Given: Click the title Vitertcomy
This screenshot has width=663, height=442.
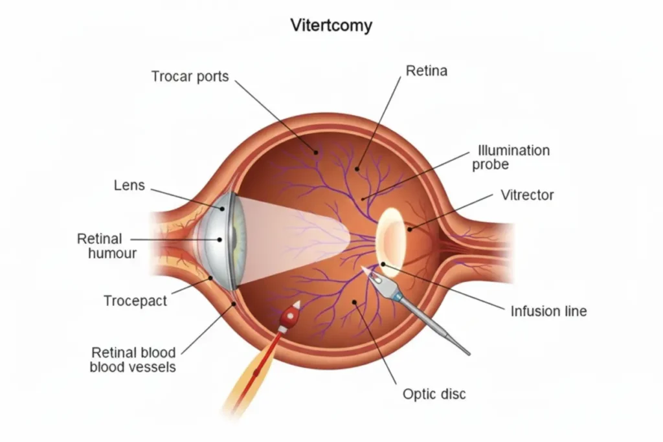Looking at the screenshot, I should click(331, 26).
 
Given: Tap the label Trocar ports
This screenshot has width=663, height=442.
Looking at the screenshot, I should click(190, 76).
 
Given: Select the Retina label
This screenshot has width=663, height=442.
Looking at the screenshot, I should click(426, 71).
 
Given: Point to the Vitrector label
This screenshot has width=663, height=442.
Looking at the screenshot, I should click(527, 195).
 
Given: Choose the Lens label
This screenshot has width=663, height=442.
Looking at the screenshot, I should click(129, 186).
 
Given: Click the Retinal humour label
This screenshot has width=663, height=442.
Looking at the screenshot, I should click(107, 246).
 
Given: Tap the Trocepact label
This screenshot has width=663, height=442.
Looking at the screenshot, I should click(135, 301).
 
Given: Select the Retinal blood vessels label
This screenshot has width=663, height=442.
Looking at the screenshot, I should click(133, 360).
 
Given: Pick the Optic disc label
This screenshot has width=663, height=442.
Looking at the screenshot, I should click(434, 393).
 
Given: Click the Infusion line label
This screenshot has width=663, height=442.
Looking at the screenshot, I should click(548, 311).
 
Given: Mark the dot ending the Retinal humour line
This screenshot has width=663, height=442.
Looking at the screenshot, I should click(219, 239).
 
